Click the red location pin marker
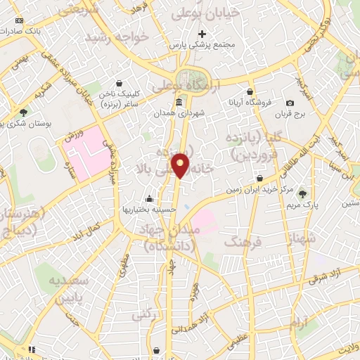point(181,165)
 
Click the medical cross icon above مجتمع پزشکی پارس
point(202,33)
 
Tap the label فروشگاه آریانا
point(249,103)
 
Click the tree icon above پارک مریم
point(303,193)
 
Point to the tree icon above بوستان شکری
point(23,112)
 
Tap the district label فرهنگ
point(241,242)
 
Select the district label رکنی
point(144,315)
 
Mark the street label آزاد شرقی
point(326,273)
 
